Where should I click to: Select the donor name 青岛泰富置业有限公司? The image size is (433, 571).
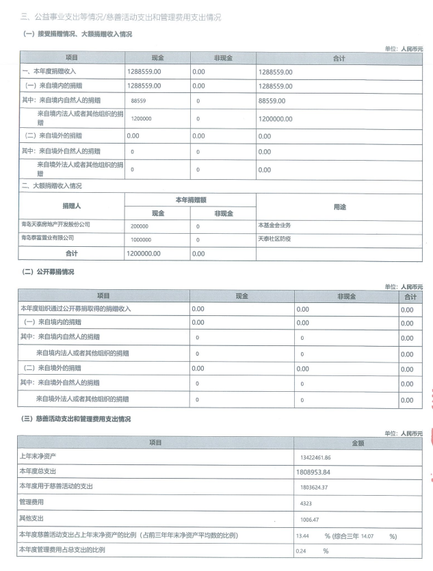(47, 238)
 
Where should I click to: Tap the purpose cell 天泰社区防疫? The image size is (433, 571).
(274, 239)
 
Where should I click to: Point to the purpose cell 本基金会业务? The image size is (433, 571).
(274, 224)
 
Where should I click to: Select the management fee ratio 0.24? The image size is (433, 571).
(301, 551)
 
